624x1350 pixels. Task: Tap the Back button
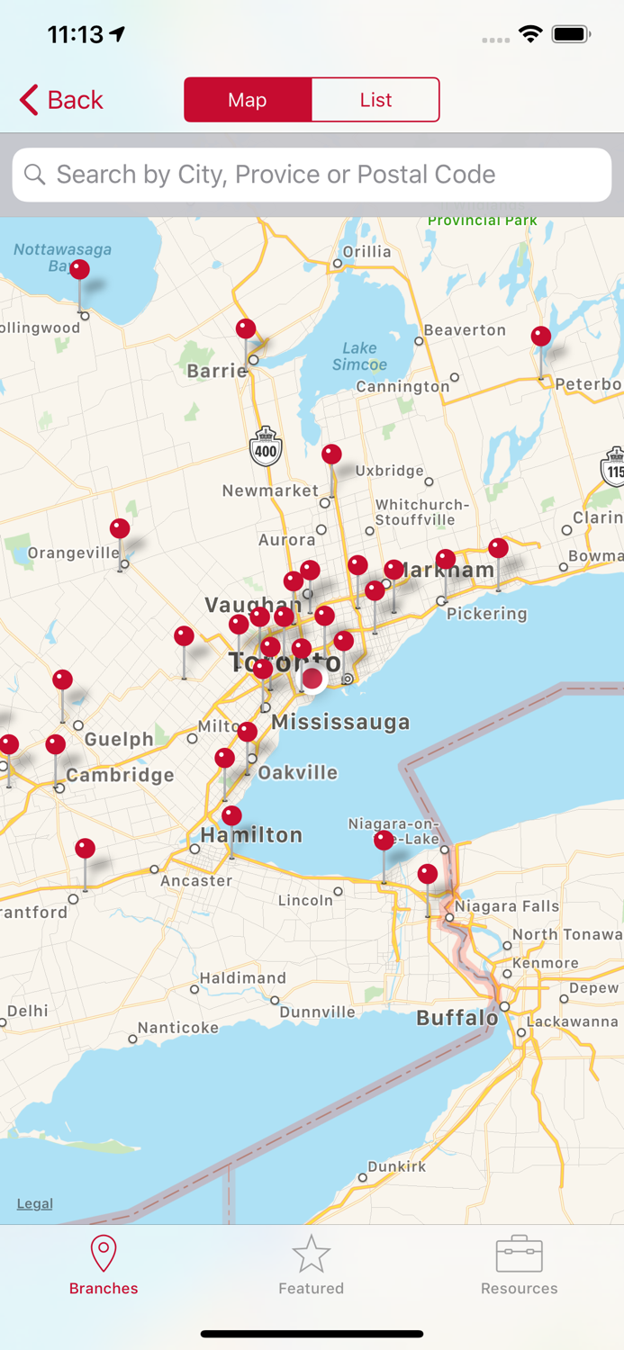[x=61, y=100]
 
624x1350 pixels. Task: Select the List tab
[x=375, y=100]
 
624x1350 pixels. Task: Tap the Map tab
[x=248, y=100]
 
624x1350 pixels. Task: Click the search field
[x=312, y=175]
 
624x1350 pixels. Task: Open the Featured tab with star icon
[x=311, y=1264]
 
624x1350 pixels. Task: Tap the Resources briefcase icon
[x=519, y=1254]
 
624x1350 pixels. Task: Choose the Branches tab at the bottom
[x=104, y=1264]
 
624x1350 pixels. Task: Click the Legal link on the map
[x=35, y=1203]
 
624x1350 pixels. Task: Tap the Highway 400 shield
[x=266, y=447]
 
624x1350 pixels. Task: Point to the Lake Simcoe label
[x=359, y=356]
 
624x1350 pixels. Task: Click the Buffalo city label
[x=457, y=1018]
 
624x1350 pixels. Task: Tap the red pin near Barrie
[x=246, y=330]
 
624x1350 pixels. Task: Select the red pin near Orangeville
[x=120, y=530]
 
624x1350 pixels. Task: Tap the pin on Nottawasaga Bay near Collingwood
[x=80, y=271]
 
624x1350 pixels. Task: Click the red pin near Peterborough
[x=541, y=337]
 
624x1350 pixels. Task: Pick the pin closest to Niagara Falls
[x=428, y=874]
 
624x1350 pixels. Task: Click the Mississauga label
[x=340, y=722]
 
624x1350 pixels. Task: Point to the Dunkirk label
[x=397, y=1166]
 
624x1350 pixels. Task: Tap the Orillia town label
[x=366, y=252]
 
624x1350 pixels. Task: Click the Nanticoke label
[x=178, y=1028]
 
